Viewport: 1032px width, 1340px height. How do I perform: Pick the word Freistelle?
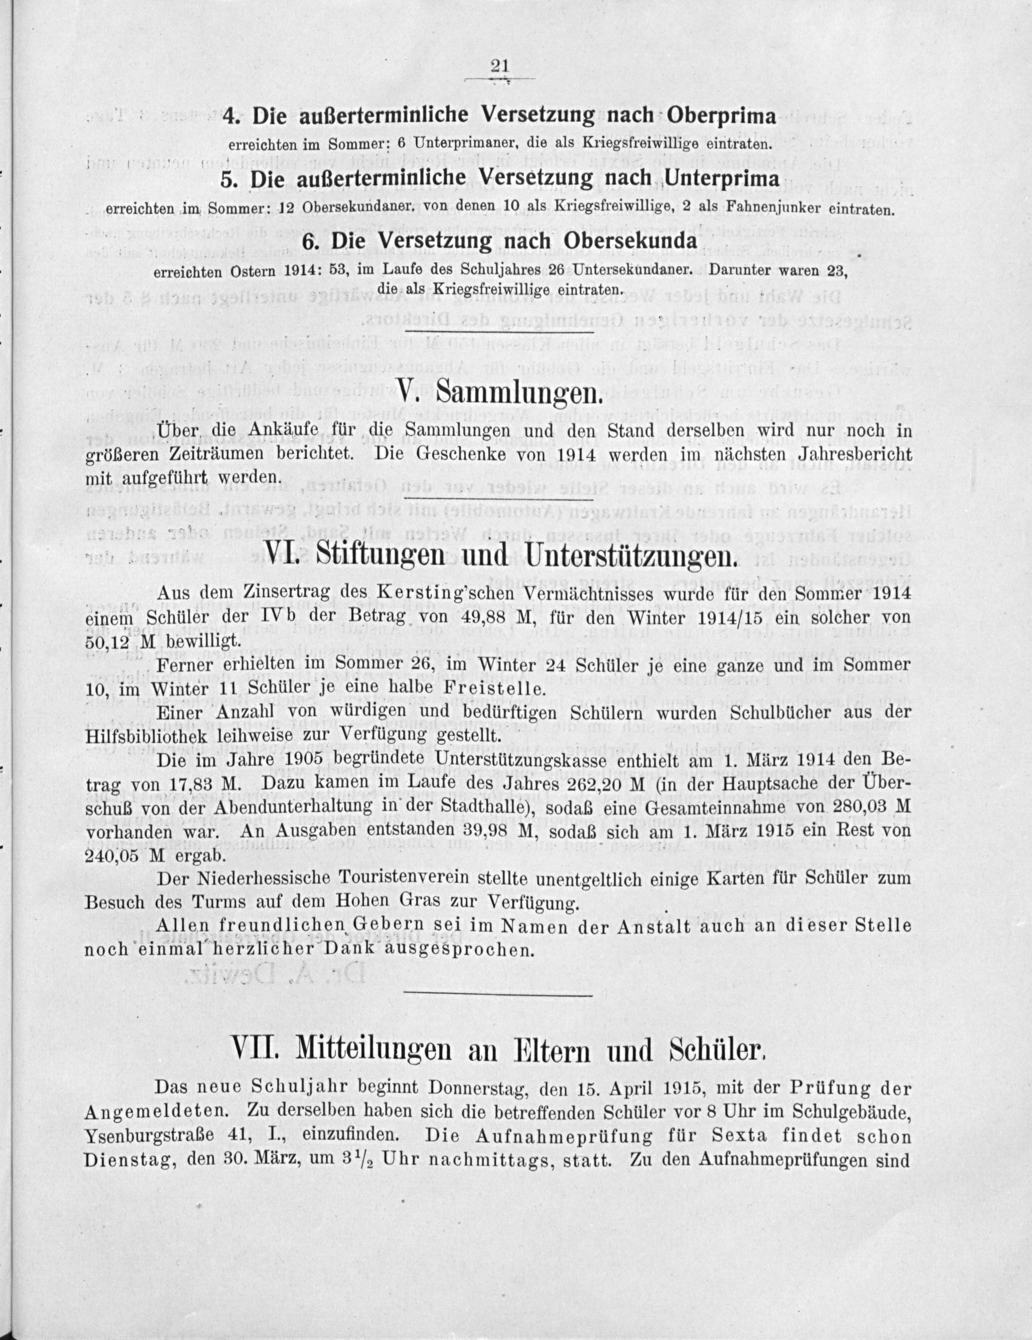coord(496,688)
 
